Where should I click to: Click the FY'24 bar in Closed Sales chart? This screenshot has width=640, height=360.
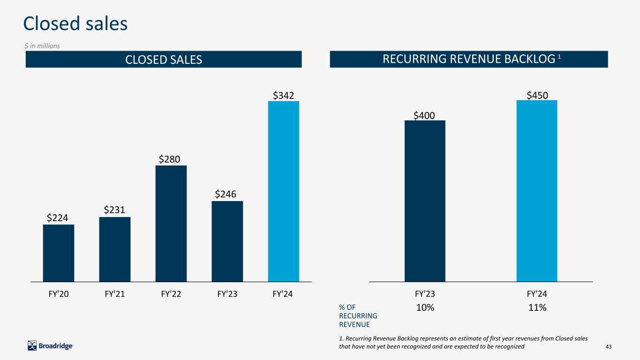(283, 191)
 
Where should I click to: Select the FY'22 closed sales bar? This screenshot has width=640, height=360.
(171, 223)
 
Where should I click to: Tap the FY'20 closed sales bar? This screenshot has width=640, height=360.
(58, 253)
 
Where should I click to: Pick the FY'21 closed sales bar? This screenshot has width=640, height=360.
(115, 249)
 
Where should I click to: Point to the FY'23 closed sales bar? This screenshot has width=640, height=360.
(227, 241)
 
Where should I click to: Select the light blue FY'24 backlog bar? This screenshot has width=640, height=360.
(536, 191)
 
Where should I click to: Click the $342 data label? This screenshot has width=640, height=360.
(284, 96)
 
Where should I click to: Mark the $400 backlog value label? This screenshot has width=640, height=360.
(424, 115)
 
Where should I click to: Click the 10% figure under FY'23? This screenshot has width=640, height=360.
(425, 308)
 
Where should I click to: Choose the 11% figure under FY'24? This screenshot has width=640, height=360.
(537, 308)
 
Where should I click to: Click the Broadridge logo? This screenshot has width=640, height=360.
(50, 346)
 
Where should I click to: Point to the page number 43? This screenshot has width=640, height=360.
(609, 346)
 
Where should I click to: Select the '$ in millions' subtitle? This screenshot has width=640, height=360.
(43, 46)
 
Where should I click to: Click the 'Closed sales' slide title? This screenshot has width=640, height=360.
(75, 24)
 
